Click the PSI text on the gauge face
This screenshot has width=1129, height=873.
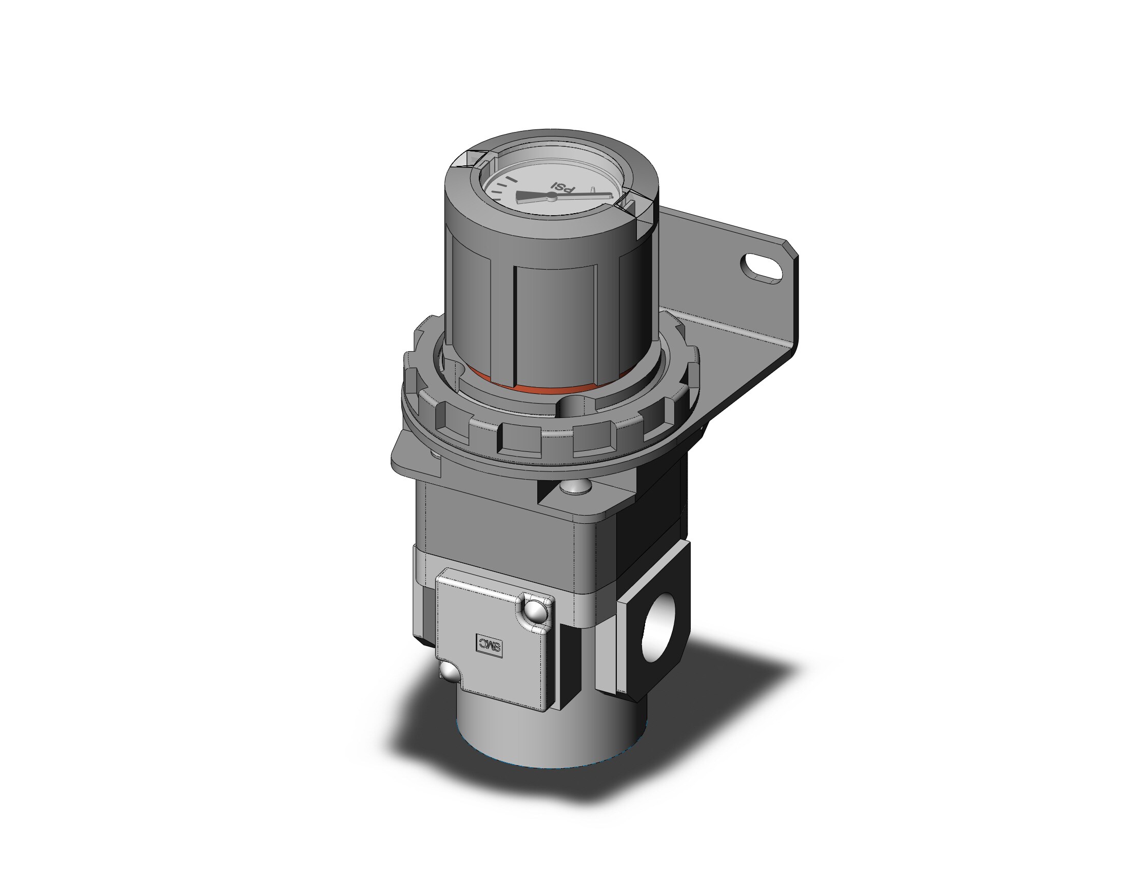[562, 187]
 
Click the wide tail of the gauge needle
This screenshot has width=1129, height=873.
[527, 196]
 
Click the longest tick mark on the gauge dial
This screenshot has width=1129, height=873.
[511, 179]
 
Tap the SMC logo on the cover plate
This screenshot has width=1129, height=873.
[489, 645]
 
